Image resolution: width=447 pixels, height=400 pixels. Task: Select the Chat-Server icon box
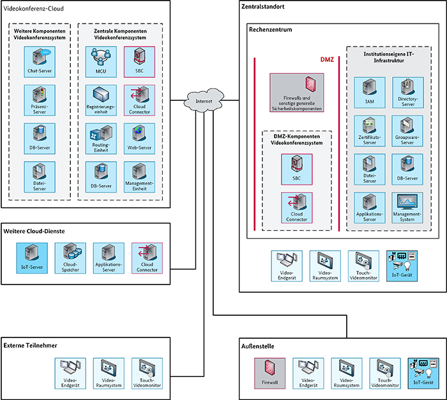[x=40, y=62]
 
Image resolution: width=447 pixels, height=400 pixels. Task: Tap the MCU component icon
[x=100, y=62]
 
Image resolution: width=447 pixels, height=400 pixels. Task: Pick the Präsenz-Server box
[x=40, y=100]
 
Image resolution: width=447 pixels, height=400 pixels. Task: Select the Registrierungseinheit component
[x=100, y=100]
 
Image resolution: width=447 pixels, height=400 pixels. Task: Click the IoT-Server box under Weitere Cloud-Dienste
[x=32, y=257]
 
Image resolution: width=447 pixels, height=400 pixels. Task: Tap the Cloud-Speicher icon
[x=70, y=257]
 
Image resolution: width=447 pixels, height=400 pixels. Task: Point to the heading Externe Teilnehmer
[x=30, y=345]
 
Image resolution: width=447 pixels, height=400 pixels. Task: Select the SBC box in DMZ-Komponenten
[x=296, y=168]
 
